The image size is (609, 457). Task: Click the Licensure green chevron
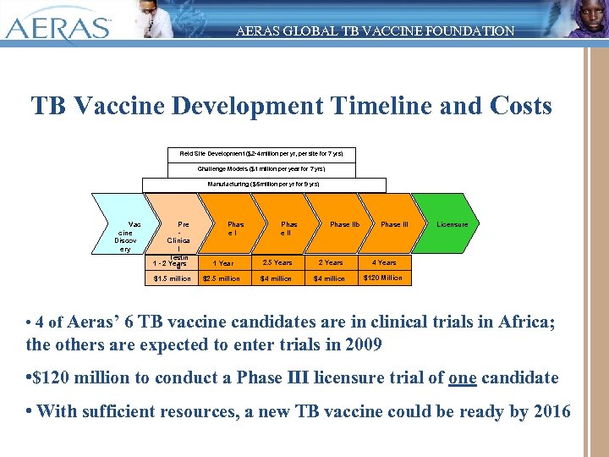tap(452, 224)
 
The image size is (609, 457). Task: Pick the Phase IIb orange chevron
tap(343, 224)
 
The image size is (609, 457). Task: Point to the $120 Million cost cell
tap(383, 278)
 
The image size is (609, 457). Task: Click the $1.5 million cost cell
tap(172, 278)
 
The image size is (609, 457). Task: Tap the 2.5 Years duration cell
tap(277, 262)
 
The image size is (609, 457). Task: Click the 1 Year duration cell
tap(223, 263)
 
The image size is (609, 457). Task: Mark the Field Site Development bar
tap(261, 154)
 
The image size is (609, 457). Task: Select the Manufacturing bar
tap(264, 184)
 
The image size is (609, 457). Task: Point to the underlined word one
tap(463, 378)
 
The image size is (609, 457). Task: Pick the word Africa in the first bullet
tap(520, 322)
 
